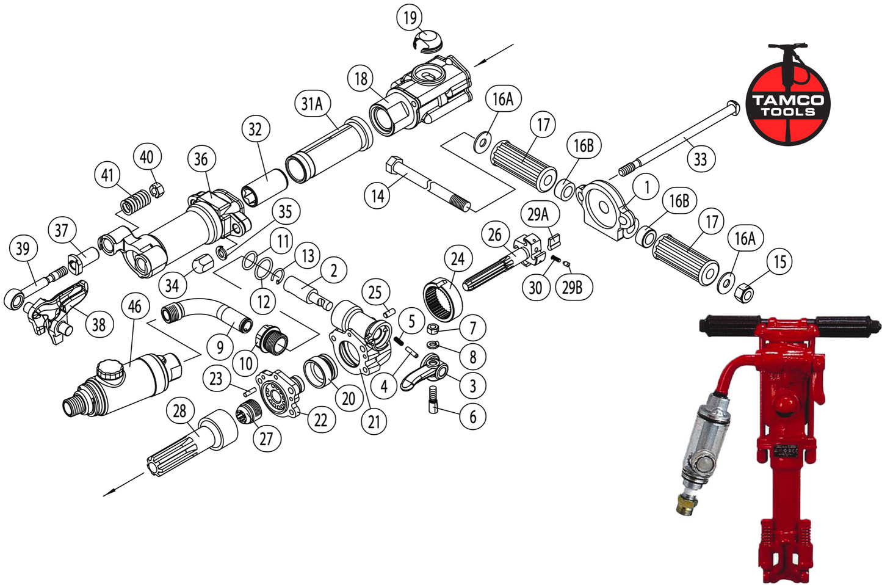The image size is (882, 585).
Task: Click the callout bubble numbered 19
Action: [410, 17]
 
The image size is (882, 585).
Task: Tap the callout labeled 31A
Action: [312, 104]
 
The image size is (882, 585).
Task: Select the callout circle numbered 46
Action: [135, 307]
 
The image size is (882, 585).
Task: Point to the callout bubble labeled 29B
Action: [573, 287]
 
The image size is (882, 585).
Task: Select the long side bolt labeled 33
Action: [678, 135]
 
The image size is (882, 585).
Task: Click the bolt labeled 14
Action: [427, 182]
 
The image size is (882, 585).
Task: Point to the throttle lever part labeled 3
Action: [424, 372]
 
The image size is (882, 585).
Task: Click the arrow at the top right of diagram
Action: [494, 54]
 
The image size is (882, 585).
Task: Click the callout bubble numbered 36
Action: [201, 159]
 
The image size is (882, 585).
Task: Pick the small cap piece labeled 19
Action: [427, 41]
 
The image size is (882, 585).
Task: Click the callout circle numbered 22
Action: [321, 420]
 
